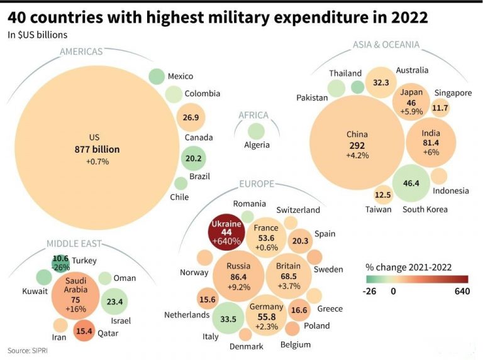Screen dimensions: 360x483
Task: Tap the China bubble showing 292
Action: coord(357,143)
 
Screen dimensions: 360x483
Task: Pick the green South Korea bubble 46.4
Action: coord(411,183)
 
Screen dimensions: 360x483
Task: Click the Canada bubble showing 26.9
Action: coord(191,117)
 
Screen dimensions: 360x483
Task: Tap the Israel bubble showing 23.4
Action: coord(114,302)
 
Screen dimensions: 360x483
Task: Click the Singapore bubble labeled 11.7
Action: coord(440,108)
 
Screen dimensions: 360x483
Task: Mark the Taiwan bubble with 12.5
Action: coord(383,195)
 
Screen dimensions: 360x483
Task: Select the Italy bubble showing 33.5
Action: coord(228,319)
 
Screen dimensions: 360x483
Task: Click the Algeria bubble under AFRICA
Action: coord(256,131)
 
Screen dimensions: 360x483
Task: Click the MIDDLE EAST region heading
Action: coord(74,244)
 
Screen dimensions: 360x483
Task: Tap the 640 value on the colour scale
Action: coord(462,291)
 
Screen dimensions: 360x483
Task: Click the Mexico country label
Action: coord(180,77)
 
